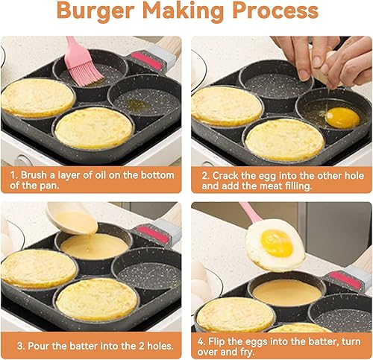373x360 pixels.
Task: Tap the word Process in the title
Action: pyautogui.click(x=275, y=10)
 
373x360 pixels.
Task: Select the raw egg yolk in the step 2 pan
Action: pyautogui.click(x=342, y=118)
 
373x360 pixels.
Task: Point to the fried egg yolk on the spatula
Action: pyautogui.click(x=276, y=243)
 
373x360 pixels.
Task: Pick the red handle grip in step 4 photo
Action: pyautogui.click(x=345, y=280)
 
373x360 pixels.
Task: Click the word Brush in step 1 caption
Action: pyautogui.click(x=34, y=175)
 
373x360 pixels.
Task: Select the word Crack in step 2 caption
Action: pyautogui.click(x=225, y=176)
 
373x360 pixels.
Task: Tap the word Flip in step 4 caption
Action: pyautogui.click(x=216, y=341)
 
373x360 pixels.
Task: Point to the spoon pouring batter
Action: pyautogui.click(x=72, y=218)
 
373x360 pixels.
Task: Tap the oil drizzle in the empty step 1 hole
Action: pyautogui.click(x=136, y=104)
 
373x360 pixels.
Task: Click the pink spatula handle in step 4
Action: pyautogui.click(x=251, y=212)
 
